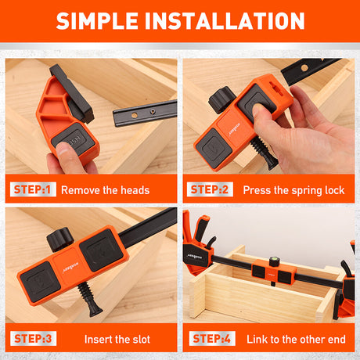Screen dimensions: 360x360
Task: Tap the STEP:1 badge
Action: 32,189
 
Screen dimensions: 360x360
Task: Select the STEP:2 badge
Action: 210,189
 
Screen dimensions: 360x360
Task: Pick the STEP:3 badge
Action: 32,339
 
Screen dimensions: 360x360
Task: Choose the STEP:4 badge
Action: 210,339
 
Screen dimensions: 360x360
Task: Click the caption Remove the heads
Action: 105,189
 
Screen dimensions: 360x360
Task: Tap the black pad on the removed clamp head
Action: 72,88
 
